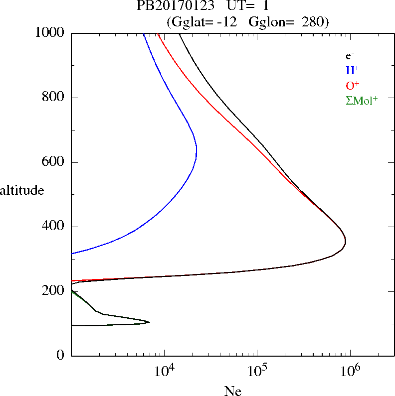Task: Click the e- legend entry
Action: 350,56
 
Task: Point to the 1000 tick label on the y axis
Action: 49,33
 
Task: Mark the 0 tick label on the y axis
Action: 61,355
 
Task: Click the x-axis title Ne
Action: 232,391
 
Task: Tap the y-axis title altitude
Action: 22,190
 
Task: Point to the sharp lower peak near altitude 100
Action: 149,322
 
